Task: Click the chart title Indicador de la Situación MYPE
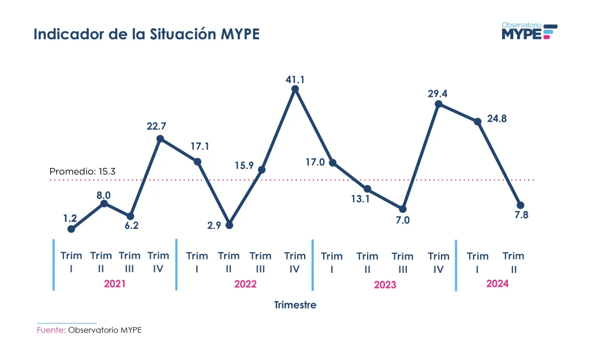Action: click(147, 34)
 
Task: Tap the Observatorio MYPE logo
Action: click(529, 31)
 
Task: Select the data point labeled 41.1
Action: click(295, 89)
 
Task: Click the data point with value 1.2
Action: click(71, 229)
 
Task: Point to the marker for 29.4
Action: click(439, 104)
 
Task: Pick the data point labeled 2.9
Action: click(229, 225)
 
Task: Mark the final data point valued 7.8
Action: click(520, 205)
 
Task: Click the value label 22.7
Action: click(156, 125)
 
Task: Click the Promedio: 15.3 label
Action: click(83, 171)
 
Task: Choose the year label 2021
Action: click(114, 284)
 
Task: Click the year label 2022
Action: click(245, 284)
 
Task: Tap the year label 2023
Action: click(385, 285)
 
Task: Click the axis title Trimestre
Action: click(295, 305)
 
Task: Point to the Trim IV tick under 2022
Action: click(295, 262)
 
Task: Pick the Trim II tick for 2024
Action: click(513, 262)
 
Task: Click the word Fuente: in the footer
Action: click(51, 331)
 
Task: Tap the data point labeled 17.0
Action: click(332, 163)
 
